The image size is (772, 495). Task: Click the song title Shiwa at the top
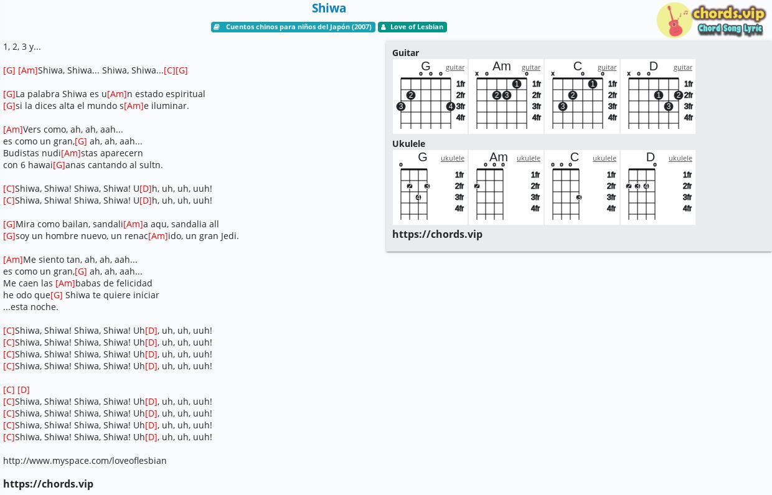(329, 8)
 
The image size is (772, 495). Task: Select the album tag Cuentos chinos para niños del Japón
(293, 27)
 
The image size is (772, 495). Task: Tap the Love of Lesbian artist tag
(412, 27)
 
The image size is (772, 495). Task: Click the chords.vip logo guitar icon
(674, 21)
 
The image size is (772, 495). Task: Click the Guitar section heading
(406, 53)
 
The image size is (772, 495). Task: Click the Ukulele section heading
(409, 144)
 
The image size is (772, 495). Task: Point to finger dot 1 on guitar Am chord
(516, 84)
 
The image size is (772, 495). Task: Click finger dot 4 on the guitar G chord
(451, 106)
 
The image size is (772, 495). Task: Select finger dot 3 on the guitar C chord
(562, 106)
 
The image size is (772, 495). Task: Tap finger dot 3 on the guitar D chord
(668, 106)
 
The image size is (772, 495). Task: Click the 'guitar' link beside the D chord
(683, 68)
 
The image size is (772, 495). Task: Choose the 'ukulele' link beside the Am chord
(529, 158)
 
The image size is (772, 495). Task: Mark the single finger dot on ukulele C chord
(579, 197)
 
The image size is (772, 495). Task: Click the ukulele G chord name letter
(423, 157)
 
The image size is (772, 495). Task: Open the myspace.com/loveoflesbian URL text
(85, 461)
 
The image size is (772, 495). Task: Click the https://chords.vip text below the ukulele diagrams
(437, 234)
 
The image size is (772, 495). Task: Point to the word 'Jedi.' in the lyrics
(230, 236)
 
